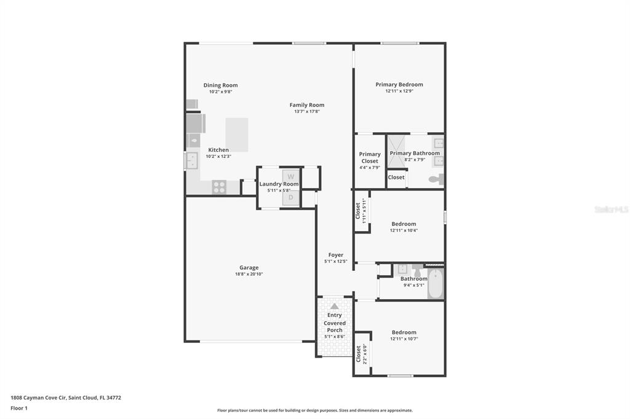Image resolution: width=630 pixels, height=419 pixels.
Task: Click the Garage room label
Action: click(x=249, y=267)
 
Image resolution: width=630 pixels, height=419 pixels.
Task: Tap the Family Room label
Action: click(x=307, y=104)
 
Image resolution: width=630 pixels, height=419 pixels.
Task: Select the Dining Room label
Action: click(x=221, y=85)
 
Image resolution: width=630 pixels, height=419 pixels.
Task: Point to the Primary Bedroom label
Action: click(x=399, y=84)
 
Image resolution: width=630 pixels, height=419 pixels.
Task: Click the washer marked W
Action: click(x=291, y=176)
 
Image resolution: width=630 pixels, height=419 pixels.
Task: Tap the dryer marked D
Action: click(x=291, y=198)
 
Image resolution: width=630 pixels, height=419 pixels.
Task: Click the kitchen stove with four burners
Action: click(x=219, y=187)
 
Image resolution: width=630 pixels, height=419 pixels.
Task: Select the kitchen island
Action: click(x=237, y=135)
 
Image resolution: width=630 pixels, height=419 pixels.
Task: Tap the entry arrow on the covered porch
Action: click(x=335, y=306)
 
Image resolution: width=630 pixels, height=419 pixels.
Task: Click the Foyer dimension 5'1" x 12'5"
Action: click(x=336, y=261)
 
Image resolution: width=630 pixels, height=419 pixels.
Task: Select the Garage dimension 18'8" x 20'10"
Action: click(x=249, y=274)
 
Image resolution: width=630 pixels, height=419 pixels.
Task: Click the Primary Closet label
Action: click(x=370, y=157)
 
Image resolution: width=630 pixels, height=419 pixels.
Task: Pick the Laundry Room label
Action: click(x=279, y=184)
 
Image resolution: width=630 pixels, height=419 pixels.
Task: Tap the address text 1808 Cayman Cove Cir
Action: click(x=39, y=397)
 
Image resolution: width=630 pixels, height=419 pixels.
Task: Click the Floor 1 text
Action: click(x=19, y=408)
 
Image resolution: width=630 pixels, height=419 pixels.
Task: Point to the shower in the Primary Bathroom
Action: click(x=396, y=151)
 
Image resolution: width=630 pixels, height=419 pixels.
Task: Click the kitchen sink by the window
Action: click(x=192, y=160)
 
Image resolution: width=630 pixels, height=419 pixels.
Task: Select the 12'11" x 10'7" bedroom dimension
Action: click(x=404, y=339)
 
